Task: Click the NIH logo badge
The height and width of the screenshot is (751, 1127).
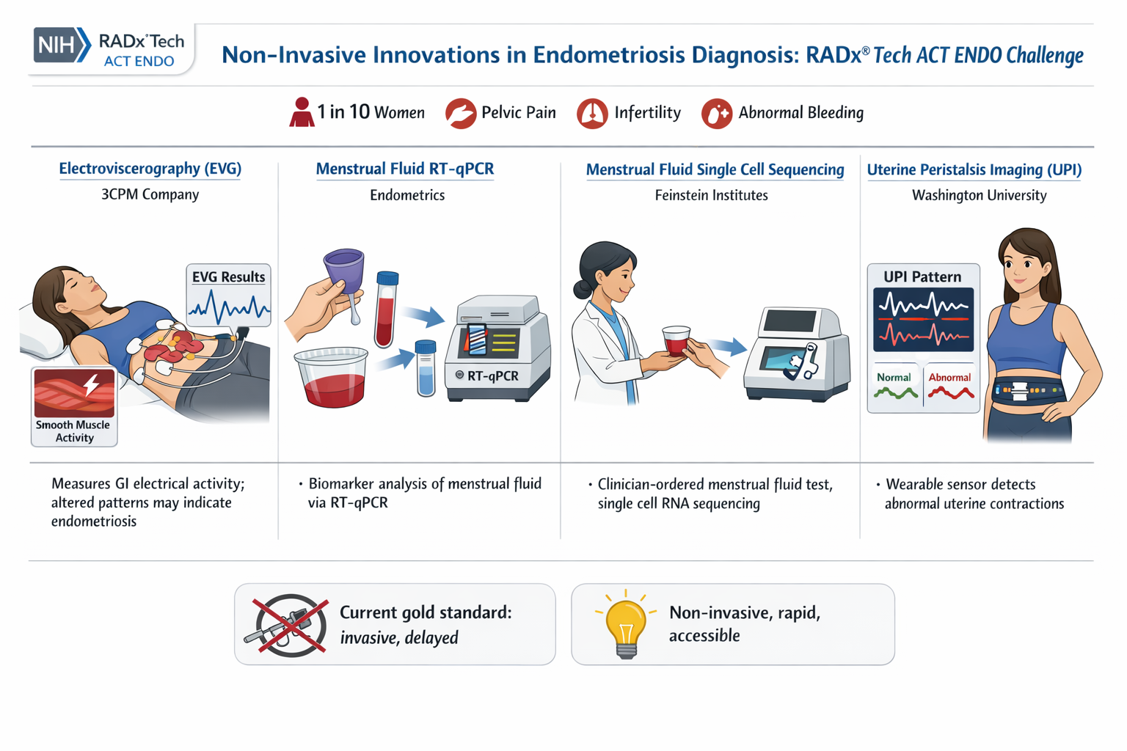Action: pos(61,45)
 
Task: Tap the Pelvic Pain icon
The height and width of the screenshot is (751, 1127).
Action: pos(461,114)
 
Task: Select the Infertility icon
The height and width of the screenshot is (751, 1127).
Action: pos(592,114)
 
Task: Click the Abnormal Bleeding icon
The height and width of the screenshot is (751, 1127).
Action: pos(717,114)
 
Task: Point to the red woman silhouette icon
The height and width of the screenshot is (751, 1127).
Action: pos(302,113)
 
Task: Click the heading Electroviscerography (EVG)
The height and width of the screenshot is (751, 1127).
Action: pos(150,169)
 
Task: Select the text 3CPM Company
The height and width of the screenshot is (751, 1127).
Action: pos(150,194)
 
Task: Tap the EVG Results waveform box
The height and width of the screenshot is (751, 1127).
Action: pos(229,296)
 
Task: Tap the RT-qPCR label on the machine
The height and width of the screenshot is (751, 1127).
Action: pos(492,375)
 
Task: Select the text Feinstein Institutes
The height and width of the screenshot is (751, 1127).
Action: pos(711,195)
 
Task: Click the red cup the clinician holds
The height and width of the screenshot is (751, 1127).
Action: pos(676,340)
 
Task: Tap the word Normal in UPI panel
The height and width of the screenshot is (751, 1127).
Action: pos(894,377)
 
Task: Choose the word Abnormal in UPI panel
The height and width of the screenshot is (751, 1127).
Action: pos(949,377)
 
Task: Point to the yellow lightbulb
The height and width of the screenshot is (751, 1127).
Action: pos(625,624)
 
